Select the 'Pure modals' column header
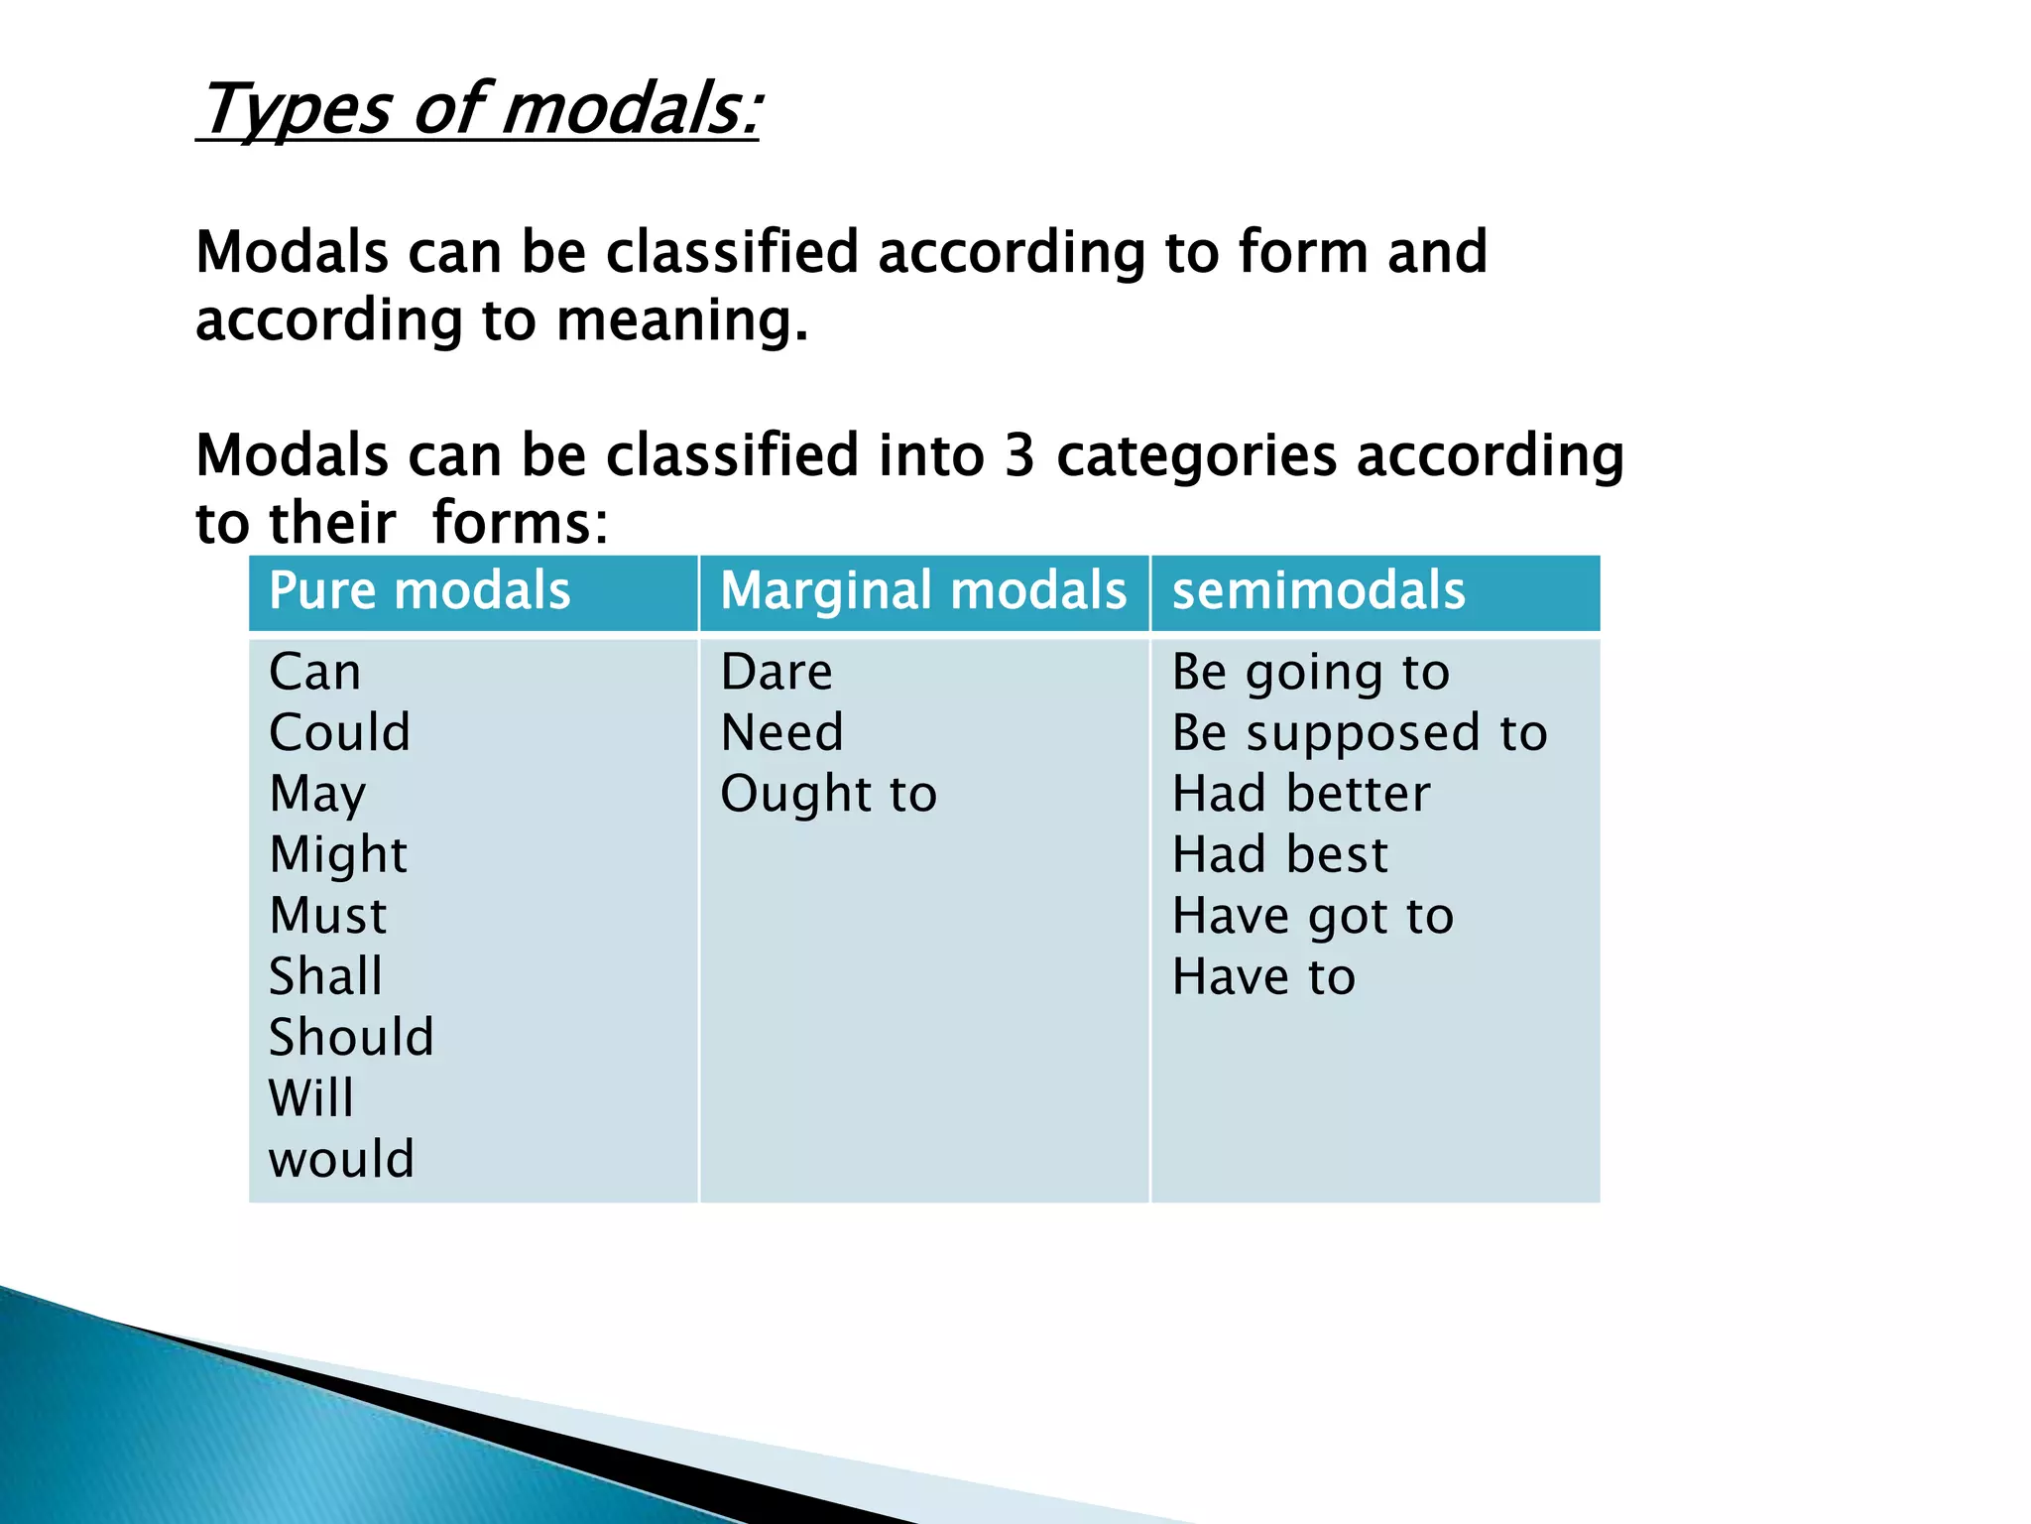(419, 591)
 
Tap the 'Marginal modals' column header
(923, 591)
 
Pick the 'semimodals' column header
(1318, 591)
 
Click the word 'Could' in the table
(340, 733)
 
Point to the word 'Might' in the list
(338, 855)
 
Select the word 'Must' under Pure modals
(328, 916)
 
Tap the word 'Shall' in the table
(325, 976)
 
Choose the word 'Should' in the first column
(351, 1038)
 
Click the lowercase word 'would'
(341, 1159)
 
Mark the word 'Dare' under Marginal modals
(777, 673)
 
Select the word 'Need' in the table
(781, 733)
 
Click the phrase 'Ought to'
(828, 795)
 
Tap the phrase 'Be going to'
(1311, 673)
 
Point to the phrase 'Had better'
(1301, 795)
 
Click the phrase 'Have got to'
(1313, 916)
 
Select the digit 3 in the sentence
(1019, 456)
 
